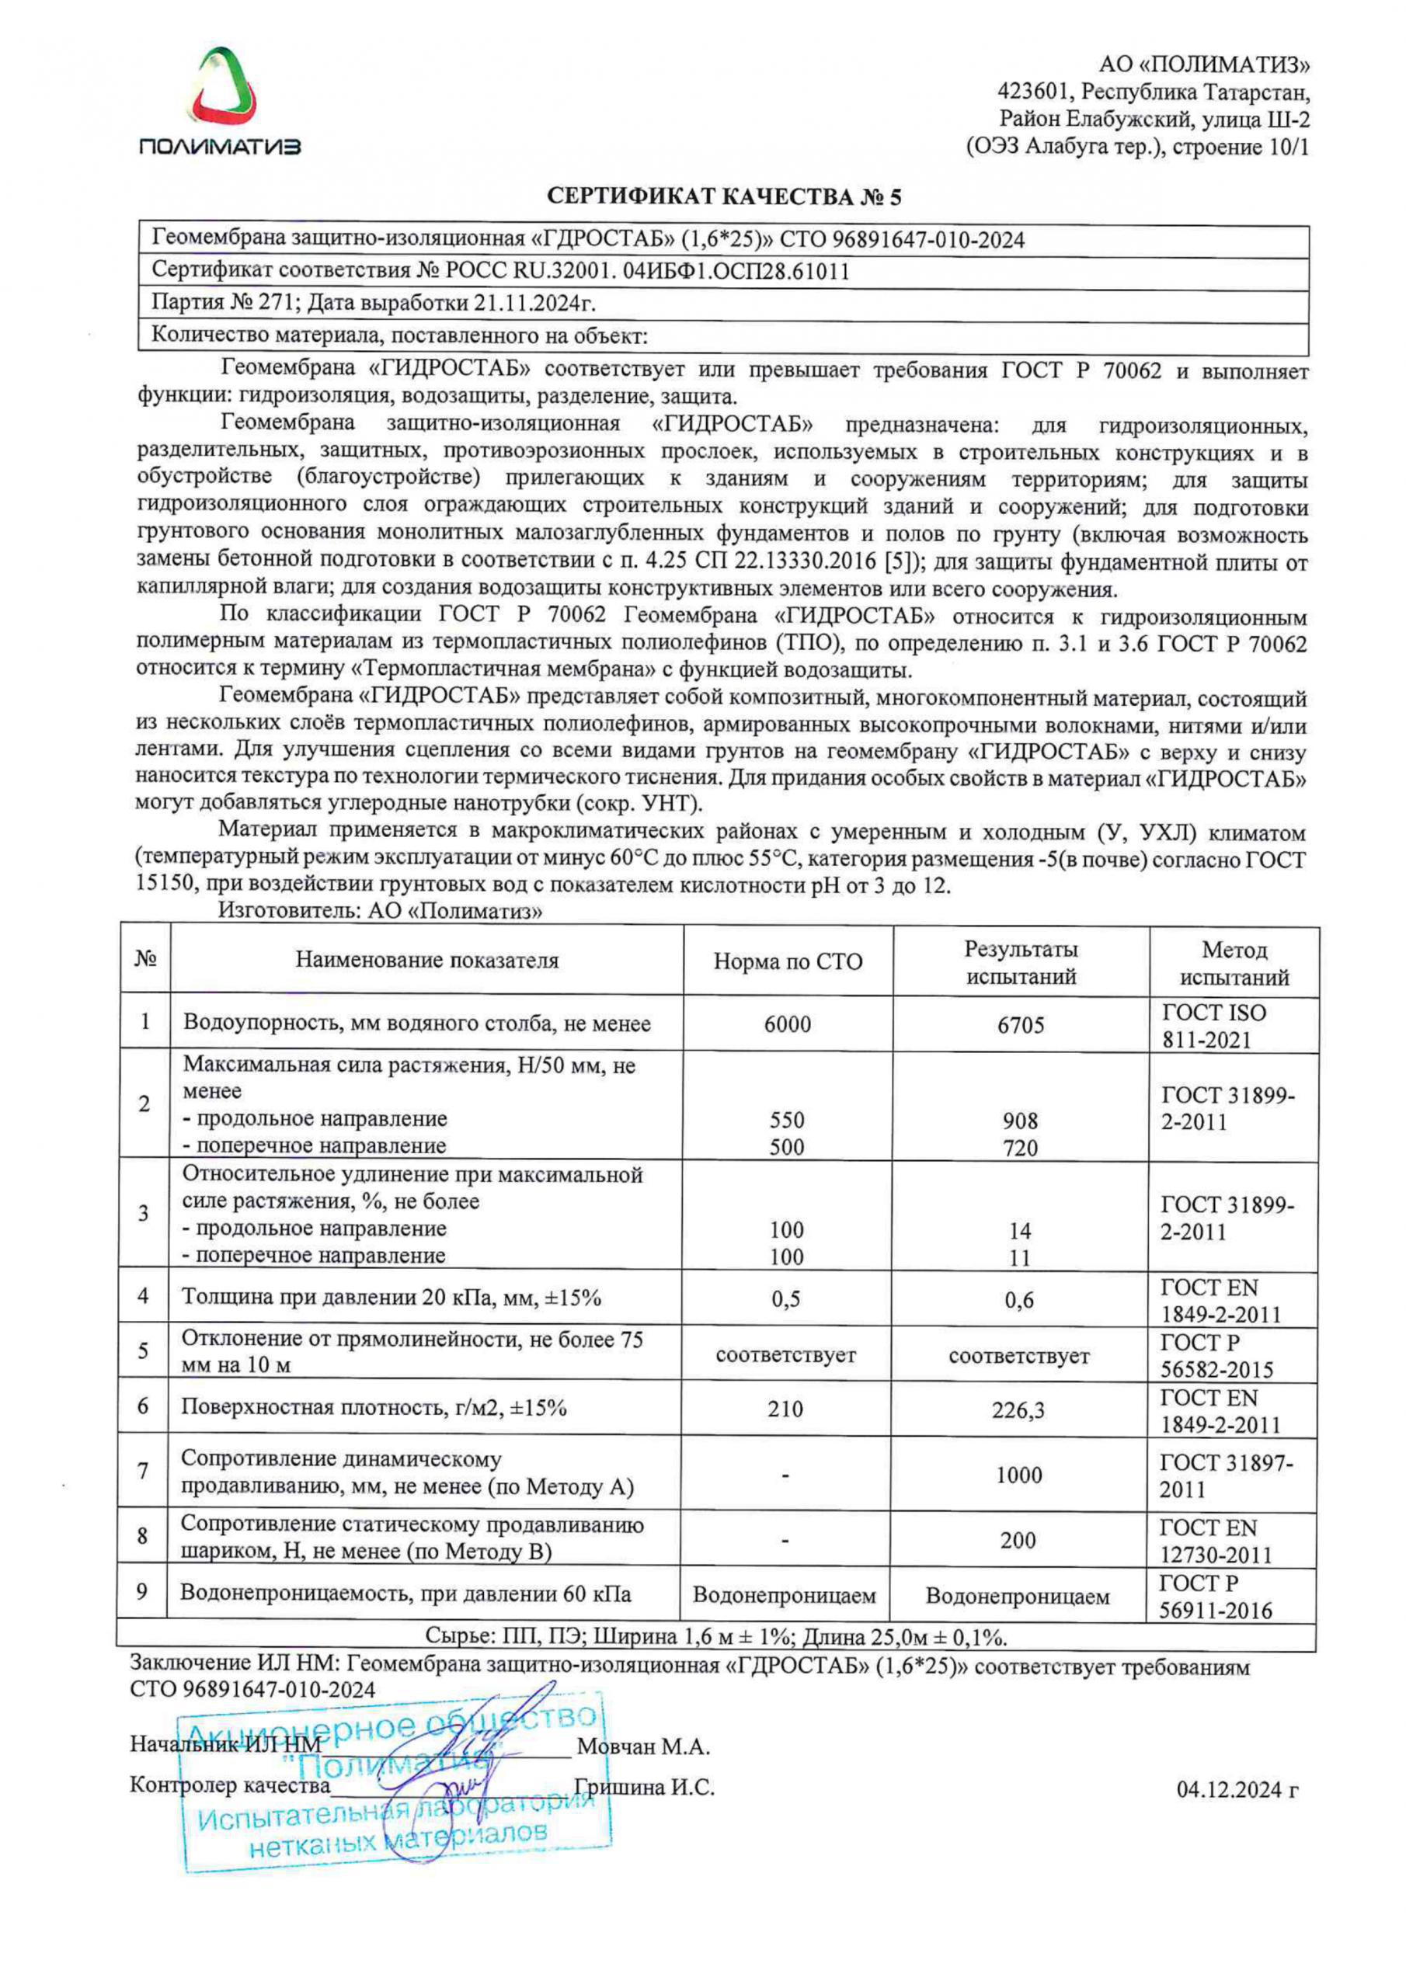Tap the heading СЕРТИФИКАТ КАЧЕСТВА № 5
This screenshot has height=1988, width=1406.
(x=723, y=197)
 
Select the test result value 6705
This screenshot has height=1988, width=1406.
(x=1021, y=1025)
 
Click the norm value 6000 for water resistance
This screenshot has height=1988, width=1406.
(x=788, y=1024)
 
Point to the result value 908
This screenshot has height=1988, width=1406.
(x=1021, y=1121)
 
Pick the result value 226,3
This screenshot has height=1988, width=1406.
(x=1018, y=1410)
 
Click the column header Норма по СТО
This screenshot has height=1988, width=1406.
(x=788, y=962)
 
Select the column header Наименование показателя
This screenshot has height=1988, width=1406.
(x=427, y=961)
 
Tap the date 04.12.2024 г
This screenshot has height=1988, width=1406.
(x=1238, y=1790)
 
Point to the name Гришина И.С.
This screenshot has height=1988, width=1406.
(x=645, y=1788)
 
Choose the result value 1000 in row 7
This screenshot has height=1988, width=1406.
(x=1018, y=1475)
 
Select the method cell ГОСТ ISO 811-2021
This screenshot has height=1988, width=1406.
(x=1213, y=1025)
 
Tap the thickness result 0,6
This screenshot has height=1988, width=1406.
(x=1020, y=1301)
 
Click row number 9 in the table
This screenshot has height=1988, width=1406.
(x=143, y=1591)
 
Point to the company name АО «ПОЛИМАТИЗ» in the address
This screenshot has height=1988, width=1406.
(x=1204, y=65)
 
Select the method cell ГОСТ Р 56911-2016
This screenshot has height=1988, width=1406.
(x=1216, y=1597)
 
